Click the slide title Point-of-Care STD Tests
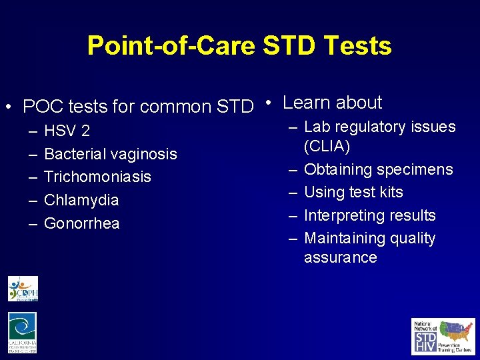coord(239,45)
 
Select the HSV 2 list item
coord(67,131)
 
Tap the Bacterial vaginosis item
coord(110,154)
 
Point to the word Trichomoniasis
coord(97,177)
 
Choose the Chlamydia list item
coord(81,200)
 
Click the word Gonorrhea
coord(81,223)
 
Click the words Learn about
coord(332,103)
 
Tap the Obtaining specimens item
coord(378,169)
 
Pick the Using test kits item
coord(353,192)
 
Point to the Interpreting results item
coord(369,215)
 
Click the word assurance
coord(340,257)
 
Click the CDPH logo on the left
coord(23,289)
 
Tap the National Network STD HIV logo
coord(443,336)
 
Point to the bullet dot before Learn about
coord(267,103)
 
